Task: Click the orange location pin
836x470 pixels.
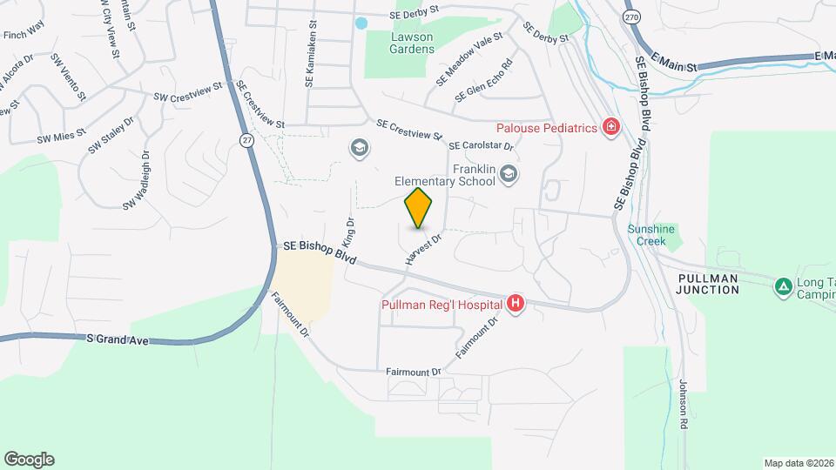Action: (x=419, y=207)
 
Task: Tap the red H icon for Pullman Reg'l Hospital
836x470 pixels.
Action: (x=516, y=304)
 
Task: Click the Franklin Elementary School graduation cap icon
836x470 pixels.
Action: (x=509, y=176)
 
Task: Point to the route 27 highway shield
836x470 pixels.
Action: (x=248, y=140)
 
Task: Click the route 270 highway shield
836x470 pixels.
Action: (x=631, y=17)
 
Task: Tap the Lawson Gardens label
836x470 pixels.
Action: (x=412, y=43)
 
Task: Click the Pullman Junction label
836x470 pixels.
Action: (x=707, y=284)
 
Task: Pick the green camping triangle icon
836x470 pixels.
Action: (x=783, y=285)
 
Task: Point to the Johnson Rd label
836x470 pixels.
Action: (x=683, y=405)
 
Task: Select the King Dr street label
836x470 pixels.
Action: (x=350, y=230)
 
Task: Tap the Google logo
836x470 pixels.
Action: (x=29, y=460)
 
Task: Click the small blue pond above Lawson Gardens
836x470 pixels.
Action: (x=361, y=22)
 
